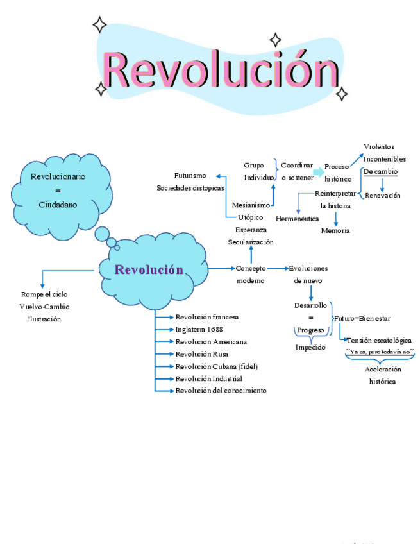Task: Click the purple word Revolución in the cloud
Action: click(149, 269)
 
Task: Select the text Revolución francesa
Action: click(207, 317)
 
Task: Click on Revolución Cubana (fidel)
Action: click(215, 366)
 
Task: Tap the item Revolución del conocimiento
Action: click(221, 391)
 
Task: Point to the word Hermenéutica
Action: click(297, 219)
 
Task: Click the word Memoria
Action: click(335, 230)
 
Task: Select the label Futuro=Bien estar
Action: click(362, 318)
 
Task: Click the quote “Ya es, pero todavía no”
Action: click(380, 352)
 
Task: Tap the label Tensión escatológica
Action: click(379, 340)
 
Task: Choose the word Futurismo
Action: click(190, 175)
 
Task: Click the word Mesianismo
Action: click(251, 205)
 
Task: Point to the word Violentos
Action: click(379, 147)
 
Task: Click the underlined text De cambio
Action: click(380, 171)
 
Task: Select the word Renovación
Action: click(383, 196)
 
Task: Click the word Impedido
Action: click(310, 347)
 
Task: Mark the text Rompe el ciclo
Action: click(44, 294)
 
